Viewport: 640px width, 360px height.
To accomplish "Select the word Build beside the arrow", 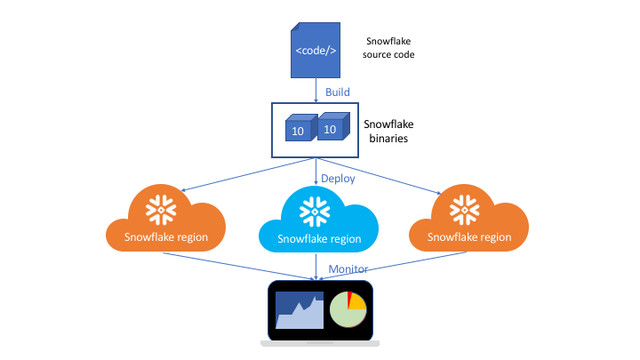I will (x=336, y=92).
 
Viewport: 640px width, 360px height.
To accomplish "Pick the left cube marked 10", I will (x=298, y=131).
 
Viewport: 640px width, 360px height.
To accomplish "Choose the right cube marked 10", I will (x=331, y=128).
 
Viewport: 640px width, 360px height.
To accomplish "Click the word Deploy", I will (x=338, y=178).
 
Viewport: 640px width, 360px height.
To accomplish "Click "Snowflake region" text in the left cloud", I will (x=166, y=236).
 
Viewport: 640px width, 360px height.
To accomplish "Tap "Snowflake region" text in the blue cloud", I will (x=318, y=239).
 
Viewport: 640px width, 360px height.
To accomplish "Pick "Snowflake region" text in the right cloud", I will (x=468, y=236).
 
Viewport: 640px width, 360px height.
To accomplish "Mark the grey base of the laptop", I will (x=319, y=342).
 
